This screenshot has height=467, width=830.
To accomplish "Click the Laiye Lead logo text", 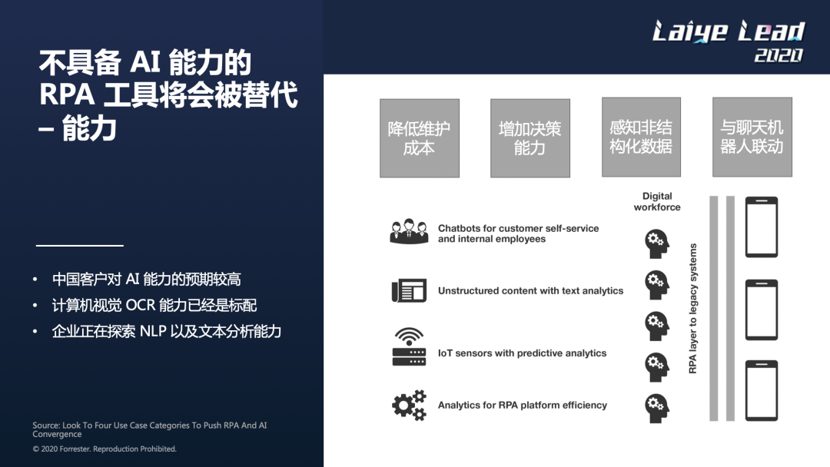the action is pyautogui.click(x=728, y=31).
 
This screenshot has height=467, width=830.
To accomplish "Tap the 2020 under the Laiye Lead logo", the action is pyautogui.click(x=779, y=55).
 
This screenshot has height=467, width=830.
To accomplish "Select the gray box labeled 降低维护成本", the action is pyautogui.click(x=419, y=138).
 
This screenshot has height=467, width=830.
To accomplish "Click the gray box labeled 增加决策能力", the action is pyautogui.click(x=530, y=138).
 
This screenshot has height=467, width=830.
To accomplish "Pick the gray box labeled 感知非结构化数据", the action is pyautogui.click(x=640, y=137).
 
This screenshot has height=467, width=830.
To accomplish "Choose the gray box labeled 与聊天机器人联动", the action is pyautogui.click(x=751, y=137).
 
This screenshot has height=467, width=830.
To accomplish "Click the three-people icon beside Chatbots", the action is pyautogui.click(x=409, y=232).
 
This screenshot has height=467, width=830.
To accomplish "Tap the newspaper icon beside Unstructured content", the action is pyautogui.click(x=409, y=290).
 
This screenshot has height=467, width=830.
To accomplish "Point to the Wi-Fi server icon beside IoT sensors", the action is pyautogui.click(x=409, y=347).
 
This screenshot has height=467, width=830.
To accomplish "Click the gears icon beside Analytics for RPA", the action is pyautogui.click(x=409, y=404).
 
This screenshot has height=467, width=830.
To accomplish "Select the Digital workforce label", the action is pyautogui.click(x=657, y=201).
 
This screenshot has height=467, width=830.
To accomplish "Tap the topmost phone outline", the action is pyautogui.click(x=761, y=227).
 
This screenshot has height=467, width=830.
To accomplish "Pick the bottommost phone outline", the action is pyautogui.click(x=761, y=390).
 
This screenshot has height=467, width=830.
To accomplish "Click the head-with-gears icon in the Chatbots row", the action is pyautogui.click(x=657, y=243).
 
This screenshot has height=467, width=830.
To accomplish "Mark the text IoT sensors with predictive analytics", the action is pyautogui.click(x=522, y=353).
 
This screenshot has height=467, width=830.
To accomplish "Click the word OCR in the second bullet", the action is pyautogui.click(x=141, y=306).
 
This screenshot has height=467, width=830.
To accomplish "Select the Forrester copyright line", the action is pyautogui.click(x=105, y=449).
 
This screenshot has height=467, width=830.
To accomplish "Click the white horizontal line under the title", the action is pyautogui.click(x=80, y=246).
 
